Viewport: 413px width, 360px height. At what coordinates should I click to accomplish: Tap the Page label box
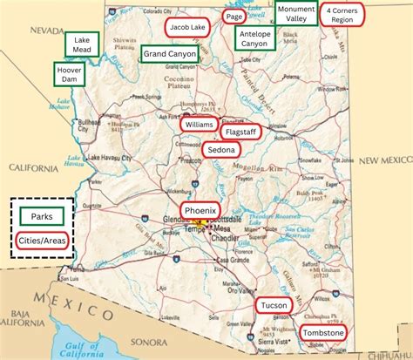(x=234, y=17)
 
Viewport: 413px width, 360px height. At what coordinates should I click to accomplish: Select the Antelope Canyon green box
(x=254, y=37)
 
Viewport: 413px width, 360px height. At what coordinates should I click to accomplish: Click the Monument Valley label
(x=295, y=13)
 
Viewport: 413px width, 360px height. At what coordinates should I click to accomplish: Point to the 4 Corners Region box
(x=343, y=14)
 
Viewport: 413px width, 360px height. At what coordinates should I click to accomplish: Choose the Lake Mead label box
(x=82, y=44)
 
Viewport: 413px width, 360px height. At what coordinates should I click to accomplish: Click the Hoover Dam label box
(x=69, y=73)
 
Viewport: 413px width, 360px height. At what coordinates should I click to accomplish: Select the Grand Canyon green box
(x=170, y=54)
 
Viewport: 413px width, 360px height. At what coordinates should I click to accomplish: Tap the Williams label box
(x=200, y=124)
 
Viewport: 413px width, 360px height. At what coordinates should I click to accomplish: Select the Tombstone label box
(x=323, y=333)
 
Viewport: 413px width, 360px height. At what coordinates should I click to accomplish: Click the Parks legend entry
(x=42, y=216)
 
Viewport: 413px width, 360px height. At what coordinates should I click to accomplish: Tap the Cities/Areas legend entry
(x=42, y=240)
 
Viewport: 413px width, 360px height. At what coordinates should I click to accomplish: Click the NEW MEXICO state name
(x=381, y=160)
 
